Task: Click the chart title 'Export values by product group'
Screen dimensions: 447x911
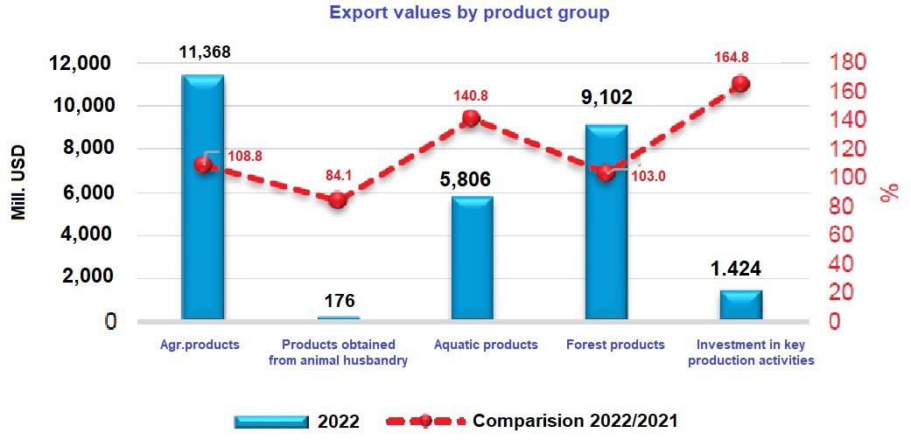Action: pos(468,13)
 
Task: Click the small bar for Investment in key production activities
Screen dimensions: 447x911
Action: pos(741,305)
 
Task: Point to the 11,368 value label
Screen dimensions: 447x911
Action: pos(204,52)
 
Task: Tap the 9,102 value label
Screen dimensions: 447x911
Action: pos(606,97)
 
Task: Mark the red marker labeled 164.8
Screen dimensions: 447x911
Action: pos(740,84)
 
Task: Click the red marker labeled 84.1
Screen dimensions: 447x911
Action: pos(338,199)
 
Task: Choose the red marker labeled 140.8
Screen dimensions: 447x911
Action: pos(471,118)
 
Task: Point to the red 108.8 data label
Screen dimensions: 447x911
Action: pos(244,157)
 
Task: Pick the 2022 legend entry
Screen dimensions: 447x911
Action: pos(298,422)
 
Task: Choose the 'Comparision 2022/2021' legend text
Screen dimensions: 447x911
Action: pos(575,421)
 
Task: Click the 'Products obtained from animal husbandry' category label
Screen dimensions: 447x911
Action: pos(338,353)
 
